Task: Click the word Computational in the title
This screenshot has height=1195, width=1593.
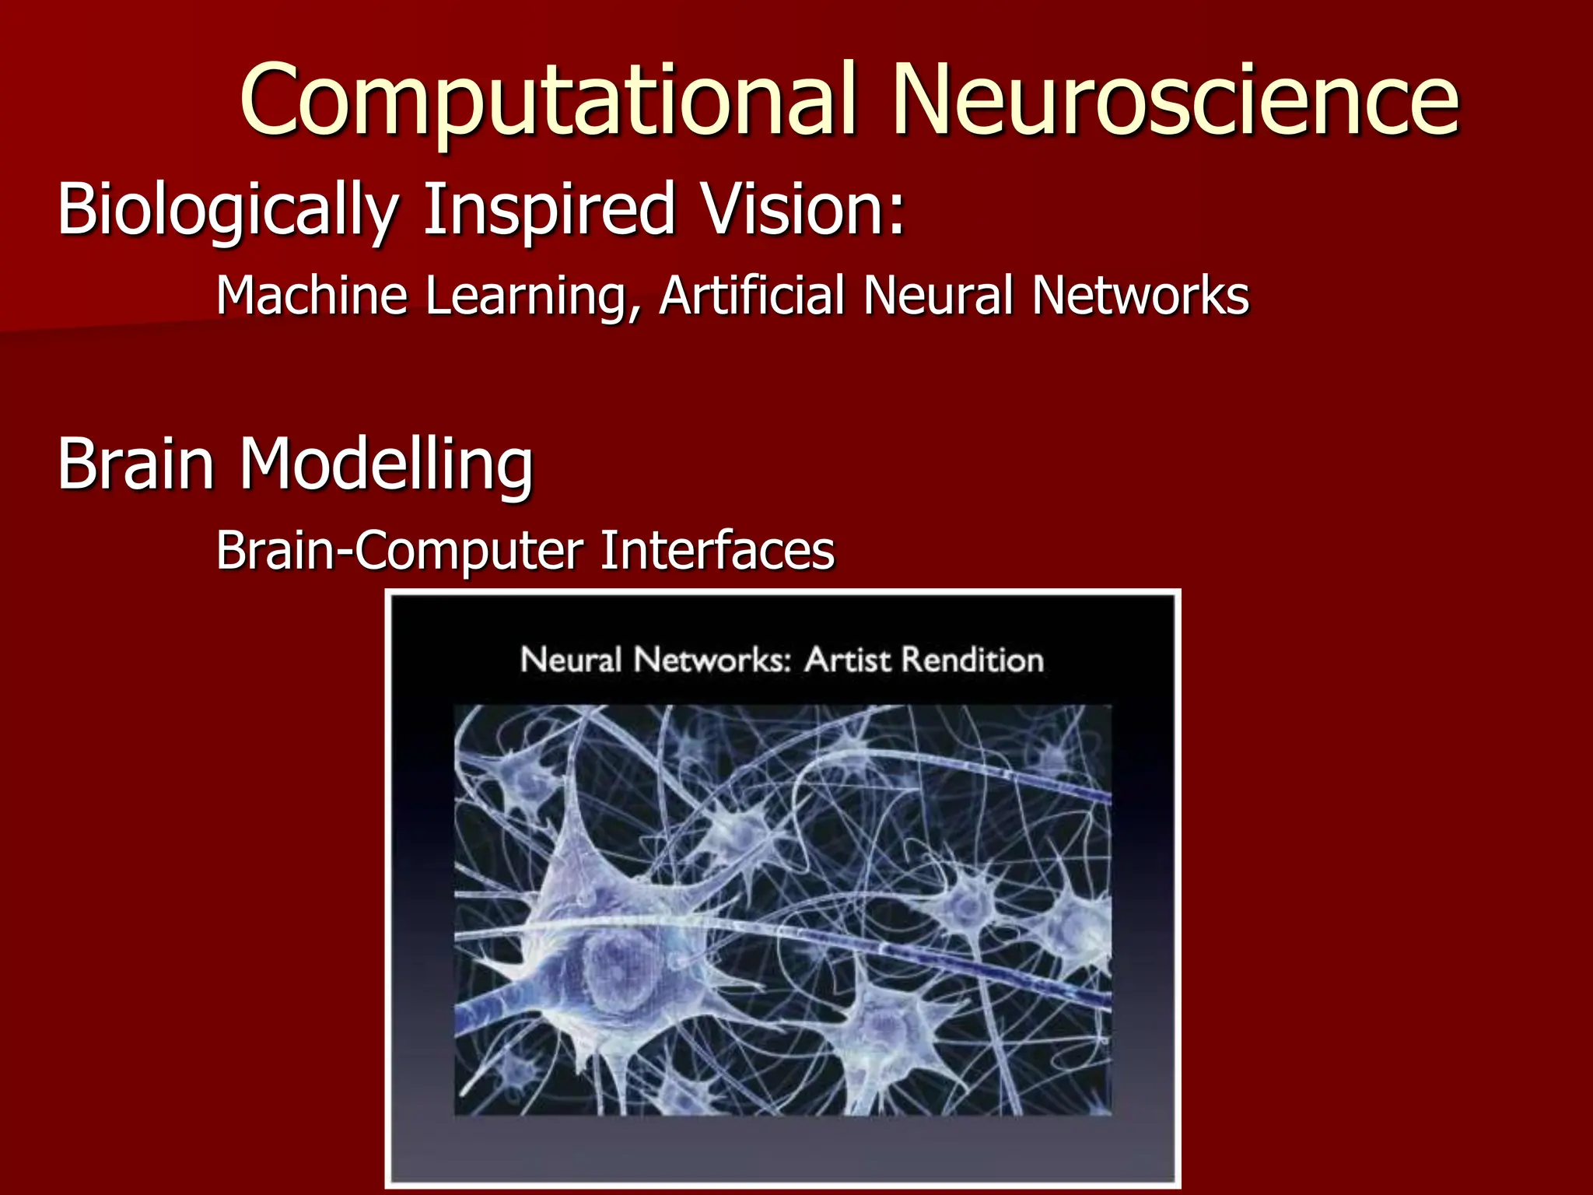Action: coord(549,101)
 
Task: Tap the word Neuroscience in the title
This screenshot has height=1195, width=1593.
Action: coord(1175,101)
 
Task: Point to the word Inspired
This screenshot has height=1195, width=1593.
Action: coord(549,210)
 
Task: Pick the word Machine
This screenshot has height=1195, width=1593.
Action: coord(311,296)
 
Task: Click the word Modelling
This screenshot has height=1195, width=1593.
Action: coord(386,464)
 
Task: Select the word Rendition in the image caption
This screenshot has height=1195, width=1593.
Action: coord(972,660)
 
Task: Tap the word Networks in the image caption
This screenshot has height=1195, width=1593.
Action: coord(708,660)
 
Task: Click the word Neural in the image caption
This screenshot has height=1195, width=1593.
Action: coord(570,660)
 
